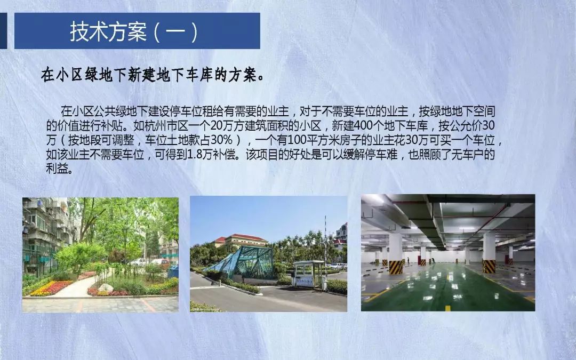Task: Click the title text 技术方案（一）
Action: pos(134,31)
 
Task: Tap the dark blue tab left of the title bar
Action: pos(3,31)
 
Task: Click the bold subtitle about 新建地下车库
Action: pos(153,75)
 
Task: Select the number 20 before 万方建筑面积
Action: pos(216,126)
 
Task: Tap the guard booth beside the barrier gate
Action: pos(308,274)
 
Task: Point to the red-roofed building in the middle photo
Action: pos(241,240)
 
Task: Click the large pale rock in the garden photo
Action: pos(106,289)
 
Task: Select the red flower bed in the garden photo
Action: pos(51,288)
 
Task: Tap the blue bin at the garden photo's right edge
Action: pos(173,271)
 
